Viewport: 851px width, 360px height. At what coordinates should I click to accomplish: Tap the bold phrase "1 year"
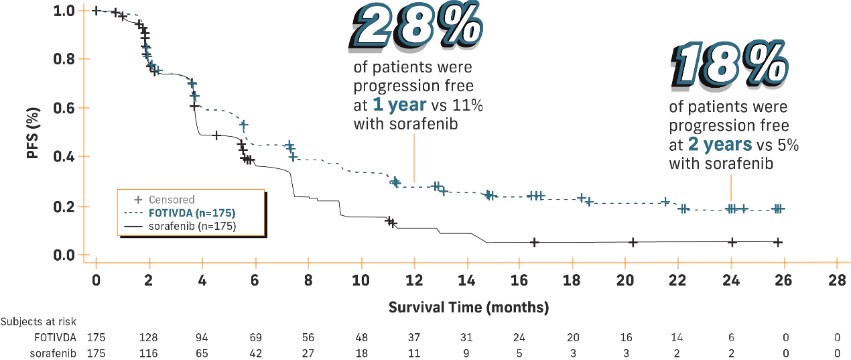pos(399,105)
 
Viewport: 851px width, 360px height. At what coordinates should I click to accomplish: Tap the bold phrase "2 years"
pos(720,144)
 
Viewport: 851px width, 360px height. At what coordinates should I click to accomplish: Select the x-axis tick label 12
pos(413,279)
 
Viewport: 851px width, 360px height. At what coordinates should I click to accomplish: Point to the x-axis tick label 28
pos(836,279)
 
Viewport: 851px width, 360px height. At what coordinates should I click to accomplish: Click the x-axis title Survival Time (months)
pos(468,308)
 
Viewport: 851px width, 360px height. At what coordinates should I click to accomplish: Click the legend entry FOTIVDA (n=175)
pos(192,213)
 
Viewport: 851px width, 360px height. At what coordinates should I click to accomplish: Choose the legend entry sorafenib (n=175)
pos(192,227)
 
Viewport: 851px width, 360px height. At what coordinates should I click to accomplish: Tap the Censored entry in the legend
pos(172,200)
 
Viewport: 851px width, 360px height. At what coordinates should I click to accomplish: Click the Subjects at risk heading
pos(38,322)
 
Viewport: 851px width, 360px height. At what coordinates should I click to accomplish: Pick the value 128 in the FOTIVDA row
pos(149,337)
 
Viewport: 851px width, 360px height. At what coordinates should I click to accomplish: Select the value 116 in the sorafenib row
pos(149,352)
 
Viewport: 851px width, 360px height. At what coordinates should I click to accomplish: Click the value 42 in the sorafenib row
pos(255,352)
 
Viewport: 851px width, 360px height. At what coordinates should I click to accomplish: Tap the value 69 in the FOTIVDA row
pos(255,337)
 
